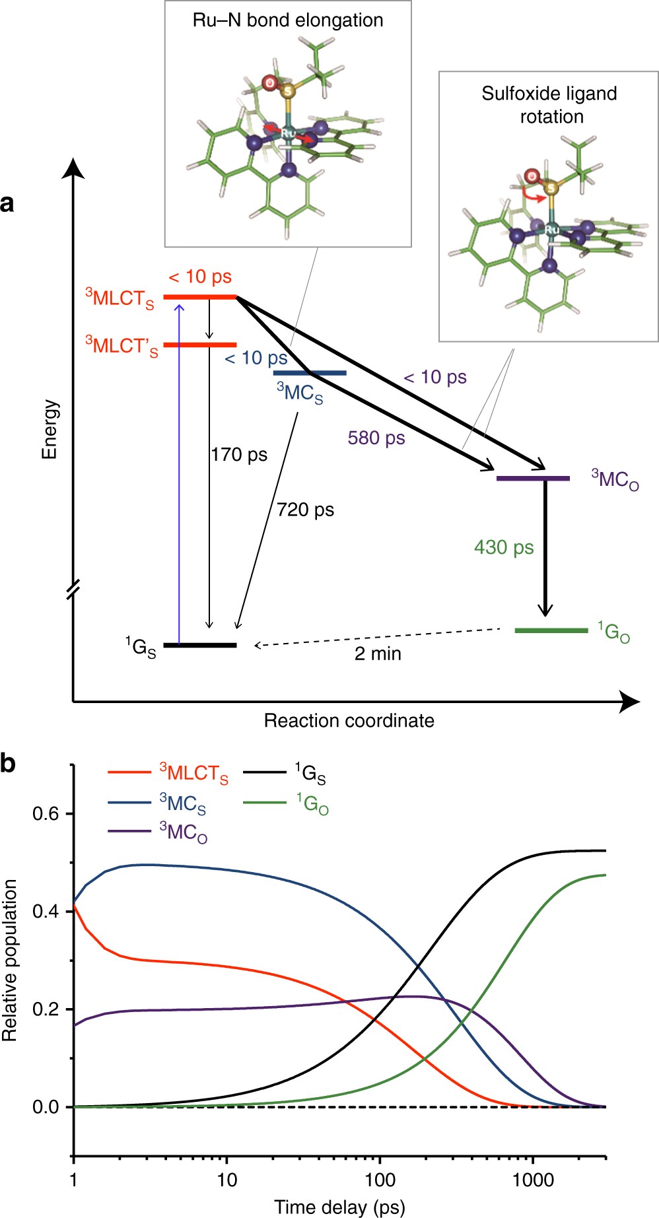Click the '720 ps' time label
tap(305, 510)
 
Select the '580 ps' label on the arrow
tap(376, 438)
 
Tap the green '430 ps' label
tap(504, 547)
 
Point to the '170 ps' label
tap(239, 455)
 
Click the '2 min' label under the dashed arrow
tap(378, 654)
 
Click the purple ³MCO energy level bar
tap(533, 478)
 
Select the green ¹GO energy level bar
tap(551, 630)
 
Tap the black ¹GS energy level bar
tap(199, 644)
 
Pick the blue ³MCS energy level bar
tap(310, 373)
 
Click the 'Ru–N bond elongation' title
tap(288, 20)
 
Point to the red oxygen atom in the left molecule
tap(269, 83)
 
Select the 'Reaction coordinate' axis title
tap(349, 720)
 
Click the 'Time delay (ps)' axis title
tap(339, 1207)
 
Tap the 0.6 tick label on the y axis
tap(46, 813)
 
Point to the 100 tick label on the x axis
tap(380, 1180)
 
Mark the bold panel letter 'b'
tap(9, 764)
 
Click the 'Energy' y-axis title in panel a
tap(50, 429)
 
